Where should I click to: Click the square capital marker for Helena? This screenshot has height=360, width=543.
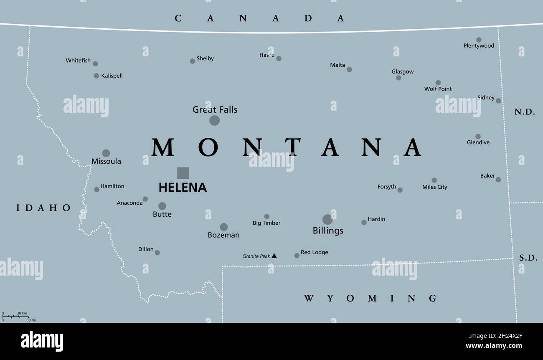(x=183, y=173)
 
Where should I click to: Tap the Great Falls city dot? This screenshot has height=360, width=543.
(x=214, y=120)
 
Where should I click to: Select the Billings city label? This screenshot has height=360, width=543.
(x=328, y=231)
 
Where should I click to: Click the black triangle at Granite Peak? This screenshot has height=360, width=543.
(x=274, y=256)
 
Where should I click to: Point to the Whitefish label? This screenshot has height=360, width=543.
(x=78, y=61)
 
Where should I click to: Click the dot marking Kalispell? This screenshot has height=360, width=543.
(x=96, y=76)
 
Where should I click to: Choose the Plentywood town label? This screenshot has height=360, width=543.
(x=479, y=46)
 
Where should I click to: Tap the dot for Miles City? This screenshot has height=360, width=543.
(x=434, y=180)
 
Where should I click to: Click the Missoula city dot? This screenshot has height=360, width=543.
(x=106, y=153)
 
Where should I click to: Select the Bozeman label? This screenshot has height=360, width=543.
(x=223, y=235)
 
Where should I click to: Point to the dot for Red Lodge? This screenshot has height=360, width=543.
(x=297, y=255)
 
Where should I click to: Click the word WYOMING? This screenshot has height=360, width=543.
(x=370, y=298)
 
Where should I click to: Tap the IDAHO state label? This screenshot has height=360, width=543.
(x=44, y=208)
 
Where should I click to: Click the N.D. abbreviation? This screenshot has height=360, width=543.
(x=525, y=112)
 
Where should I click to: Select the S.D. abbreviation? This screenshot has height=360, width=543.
(x=528, y=258)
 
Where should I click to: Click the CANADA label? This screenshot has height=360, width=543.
(x=259, y=18)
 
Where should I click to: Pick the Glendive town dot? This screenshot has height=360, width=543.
(x=478, y=137)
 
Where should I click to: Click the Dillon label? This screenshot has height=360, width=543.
(x=146, y=249)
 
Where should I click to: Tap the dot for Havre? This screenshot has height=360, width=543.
(x=279, y=58)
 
